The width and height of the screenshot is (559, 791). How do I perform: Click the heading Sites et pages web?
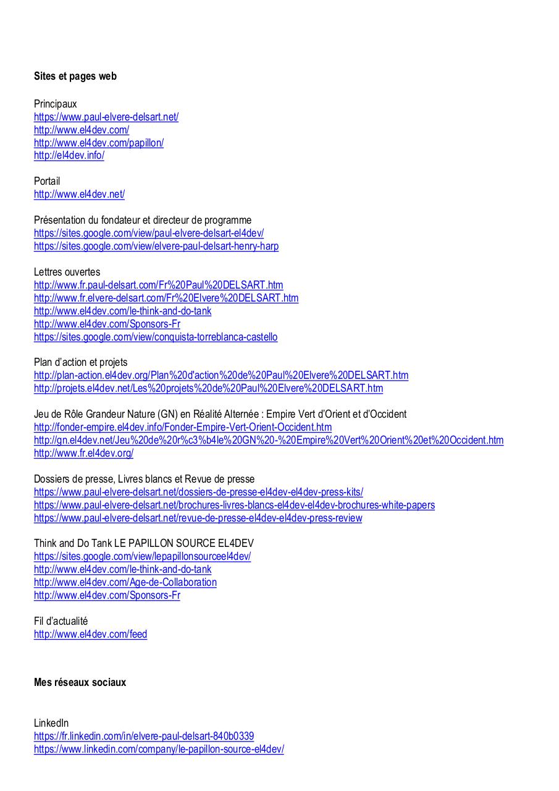pos(75,77)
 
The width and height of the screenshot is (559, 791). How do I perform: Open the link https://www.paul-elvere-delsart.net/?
pos(106,117)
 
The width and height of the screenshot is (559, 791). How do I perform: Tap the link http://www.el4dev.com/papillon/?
pos(99,143)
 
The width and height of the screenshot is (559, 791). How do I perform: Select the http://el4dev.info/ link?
pos(69,156)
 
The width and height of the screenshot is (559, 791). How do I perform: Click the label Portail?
pos(47,182)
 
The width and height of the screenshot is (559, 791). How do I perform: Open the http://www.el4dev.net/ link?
pos(79,195)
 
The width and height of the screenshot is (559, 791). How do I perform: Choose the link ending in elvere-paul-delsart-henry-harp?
pos(156,246)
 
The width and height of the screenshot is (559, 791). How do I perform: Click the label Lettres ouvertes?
pos(67,272)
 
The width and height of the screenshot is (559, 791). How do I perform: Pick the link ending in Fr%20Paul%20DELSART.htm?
pos(159,285)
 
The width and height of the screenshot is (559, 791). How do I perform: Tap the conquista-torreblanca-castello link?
pos(156,337)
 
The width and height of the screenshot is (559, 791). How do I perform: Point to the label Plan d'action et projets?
pos(81,362)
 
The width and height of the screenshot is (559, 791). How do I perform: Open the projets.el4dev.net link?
pos(208,388)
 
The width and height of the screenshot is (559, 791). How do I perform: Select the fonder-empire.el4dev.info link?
pos(183,427)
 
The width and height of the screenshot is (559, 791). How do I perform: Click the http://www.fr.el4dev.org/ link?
pos(83,453)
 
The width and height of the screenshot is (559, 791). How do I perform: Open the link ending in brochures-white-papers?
pos(234,505)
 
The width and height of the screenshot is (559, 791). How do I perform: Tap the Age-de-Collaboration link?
pos(125,582)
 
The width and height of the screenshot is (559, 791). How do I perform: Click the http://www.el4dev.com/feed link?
pos(91,634)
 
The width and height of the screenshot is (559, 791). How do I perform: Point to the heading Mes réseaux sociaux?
pos(80,682)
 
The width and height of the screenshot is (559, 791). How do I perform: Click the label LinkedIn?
pos(51,723)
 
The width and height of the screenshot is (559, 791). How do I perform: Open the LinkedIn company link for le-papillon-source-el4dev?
pos(159,749)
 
